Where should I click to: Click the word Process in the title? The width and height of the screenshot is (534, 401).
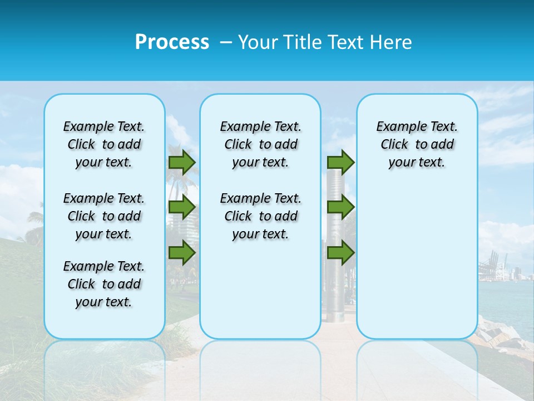172,42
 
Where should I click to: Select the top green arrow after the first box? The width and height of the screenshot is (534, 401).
182,162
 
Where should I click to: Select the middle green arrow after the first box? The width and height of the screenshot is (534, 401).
182,207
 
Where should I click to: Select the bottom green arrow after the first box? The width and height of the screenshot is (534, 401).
182,253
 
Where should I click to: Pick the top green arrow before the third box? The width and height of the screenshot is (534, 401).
340,162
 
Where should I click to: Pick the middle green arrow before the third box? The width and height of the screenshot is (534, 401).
340,207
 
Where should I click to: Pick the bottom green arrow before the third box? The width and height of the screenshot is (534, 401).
340,253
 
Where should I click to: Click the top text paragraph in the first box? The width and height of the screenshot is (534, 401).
104,144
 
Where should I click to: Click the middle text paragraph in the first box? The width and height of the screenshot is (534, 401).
104,216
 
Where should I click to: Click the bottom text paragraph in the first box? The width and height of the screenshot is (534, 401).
104,284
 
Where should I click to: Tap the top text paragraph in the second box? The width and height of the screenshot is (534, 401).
260,144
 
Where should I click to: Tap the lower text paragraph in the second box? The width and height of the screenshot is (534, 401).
260,216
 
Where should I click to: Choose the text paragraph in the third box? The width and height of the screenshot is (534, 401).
417,144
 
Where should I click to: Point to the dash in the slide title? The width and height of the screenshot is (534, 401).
226,43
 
